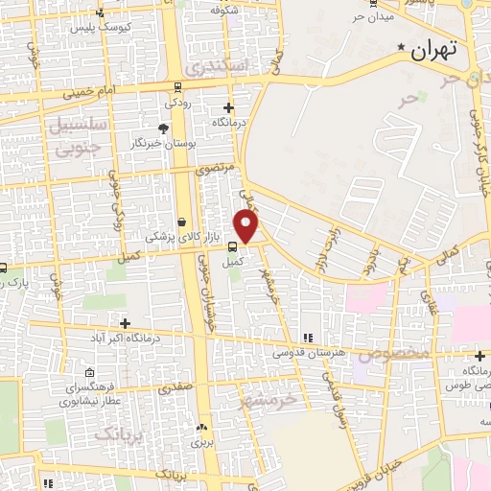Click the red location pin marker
(x=246, y=226)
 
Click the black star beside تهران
(x=401, y=47)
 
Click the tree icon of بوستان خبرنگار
(x=163, y=128)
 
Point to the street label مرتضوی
(x=216, y=168)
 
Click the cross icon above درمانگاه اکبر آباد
(x=124, y=323)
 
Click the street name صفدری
(x=178, y=389)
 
